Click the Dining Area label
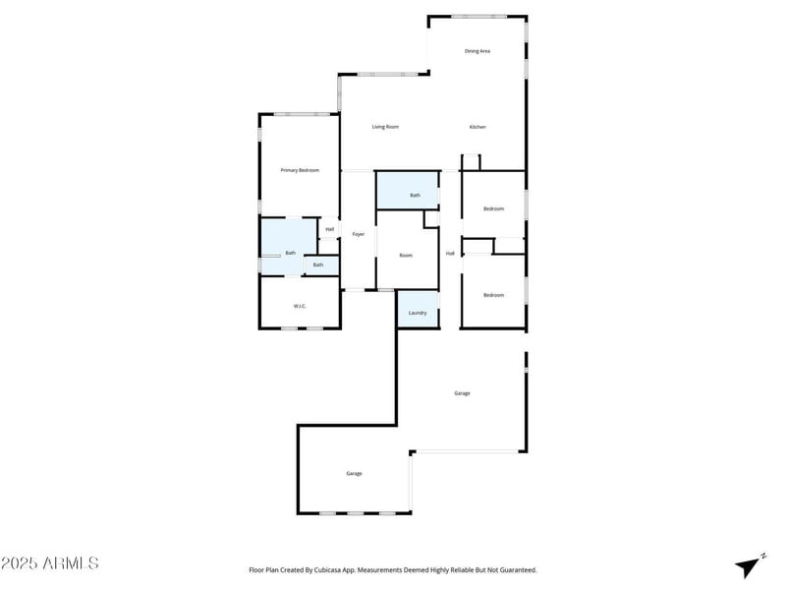coord(477,51)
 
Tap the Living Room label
coord(385,127)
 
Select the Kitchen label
coord(477,127)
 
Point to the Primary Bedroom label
coord(300,170)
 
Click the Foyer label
coord(359,234)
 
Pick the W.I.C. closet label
coord(300,306)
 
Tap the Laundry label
coord(418,313)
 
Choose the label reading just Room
coord(406,256)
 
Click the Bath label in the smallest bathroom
coord(318,265)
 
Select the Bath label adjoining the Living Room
coord(415,195)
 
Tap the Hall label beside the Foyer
coord(330,229)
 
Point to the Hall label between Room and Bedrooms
coord(450,254)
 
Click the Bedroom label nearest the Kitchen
coord(494,208)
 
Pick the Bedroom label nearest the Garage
coord(494,295)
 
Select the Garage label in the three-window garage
coord(354,474)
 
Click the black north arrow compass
coord(749,567)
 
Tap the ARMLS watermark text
coord(70,562)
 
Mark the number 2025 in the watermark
coord(20,562)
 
